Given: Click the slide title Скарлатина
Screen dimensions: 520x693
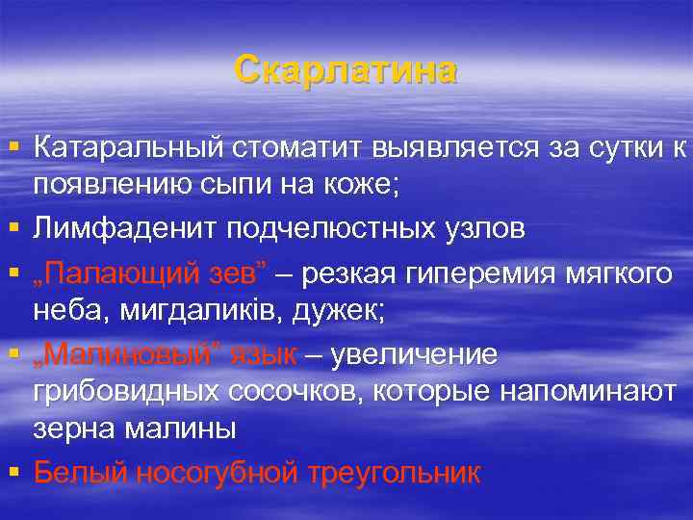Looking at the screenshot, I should pos(346,71).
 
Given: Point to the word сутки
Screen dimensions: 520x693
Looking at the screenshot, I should pos(607,149).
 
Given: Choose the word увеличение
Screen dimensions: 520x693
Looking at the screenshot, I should pos(415,354).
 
